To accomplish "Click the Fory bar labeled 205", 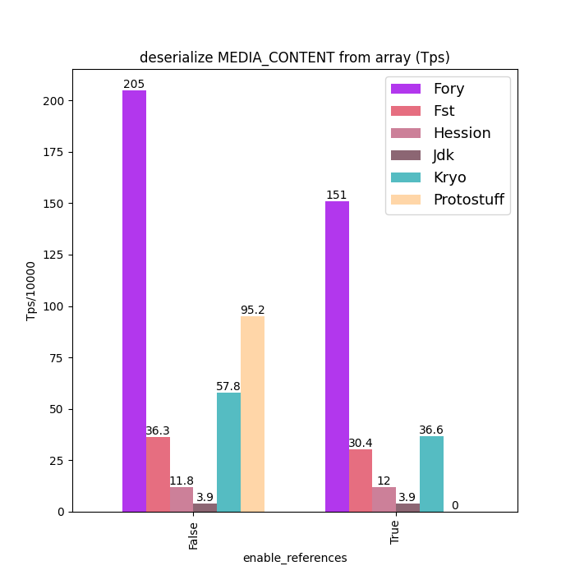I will tap(134, 301).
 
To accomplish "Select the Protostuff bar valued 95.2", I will tap(252, 414).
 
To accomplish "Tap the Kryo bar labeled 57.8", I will tap(228, 452).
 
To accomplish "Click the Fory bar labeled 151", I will tap(337, 356).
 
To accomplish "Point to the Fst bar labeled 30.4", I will tap(361, 481).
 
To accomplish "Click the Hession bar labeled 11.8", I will tap(182, 499).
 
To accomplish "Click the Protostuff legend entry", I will tap(468, 200).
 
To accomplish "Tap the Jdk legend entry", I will tap(444, 155).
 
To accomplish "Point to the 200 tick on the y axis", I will tap(55, 101).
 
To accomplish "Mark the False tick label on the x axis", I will tap(194, 533).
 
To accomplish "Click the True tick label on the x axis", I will tap(396, 531).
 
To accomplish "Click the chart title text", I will tap(295, 57).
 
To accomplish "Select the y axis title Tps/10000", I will tap(31, 291).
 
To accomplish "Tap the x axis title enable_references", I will tap(295, 558).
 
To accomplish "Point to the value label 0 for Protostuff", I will tap(455, 505).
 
